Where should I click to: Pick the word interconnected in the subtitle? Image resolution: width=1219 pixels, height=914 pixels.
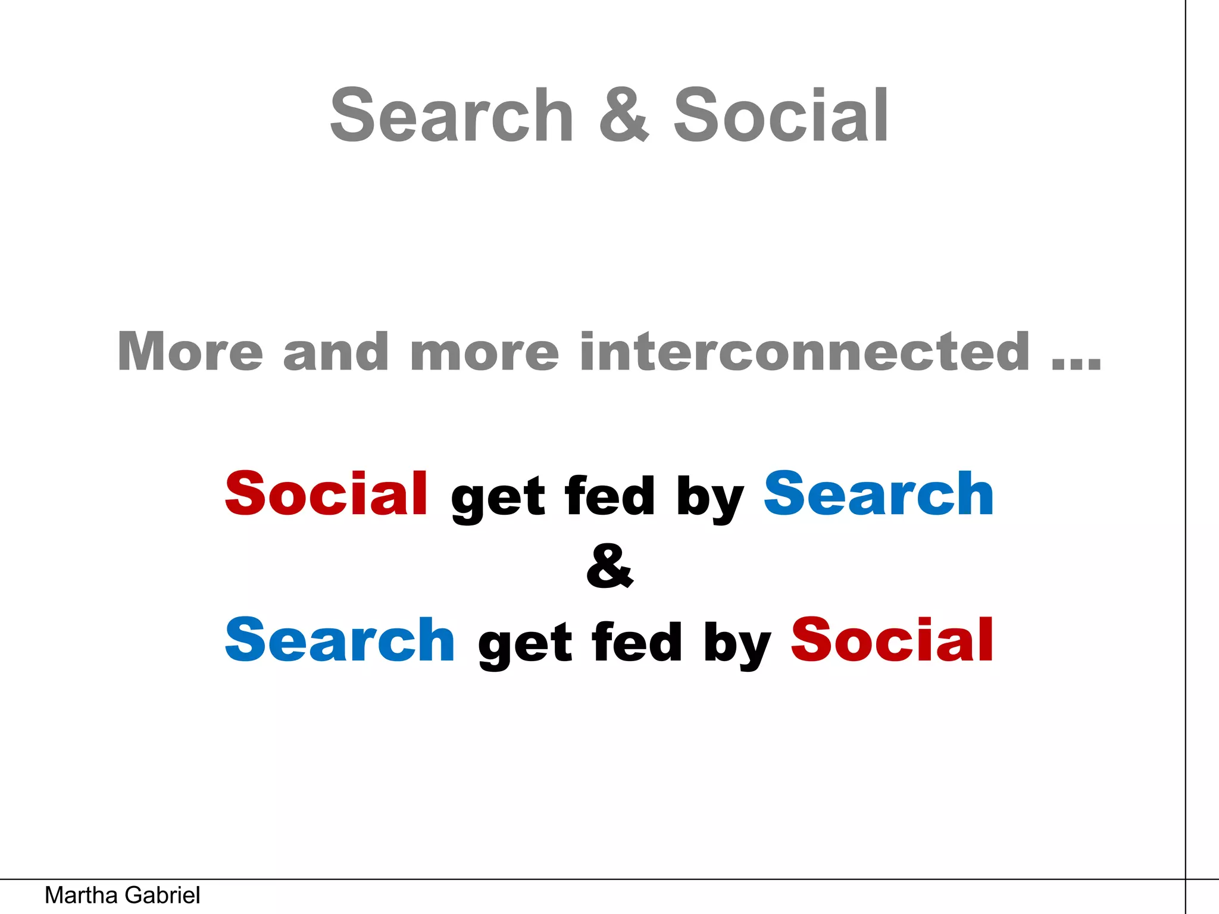[x=805, y=352]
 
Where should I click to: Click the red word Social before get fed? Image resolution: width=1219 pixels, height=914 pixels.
[x=326, y=493]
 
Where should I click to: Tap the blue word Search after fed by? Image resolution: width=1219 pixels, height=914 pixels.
[x=879, y=493]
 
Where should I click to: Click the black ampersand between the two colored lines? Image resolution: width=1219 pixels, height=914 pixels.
[x=609, y=566]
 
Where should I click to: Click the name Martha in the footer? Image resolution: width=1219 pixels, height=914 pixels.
[x=82, y=896]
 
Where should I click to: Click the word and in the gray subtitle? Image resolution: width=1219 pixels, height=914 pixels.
[x=336, y=352]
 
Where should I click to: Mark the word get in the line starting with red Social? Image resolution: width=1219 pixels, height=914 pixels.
[x=498, y=498]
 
